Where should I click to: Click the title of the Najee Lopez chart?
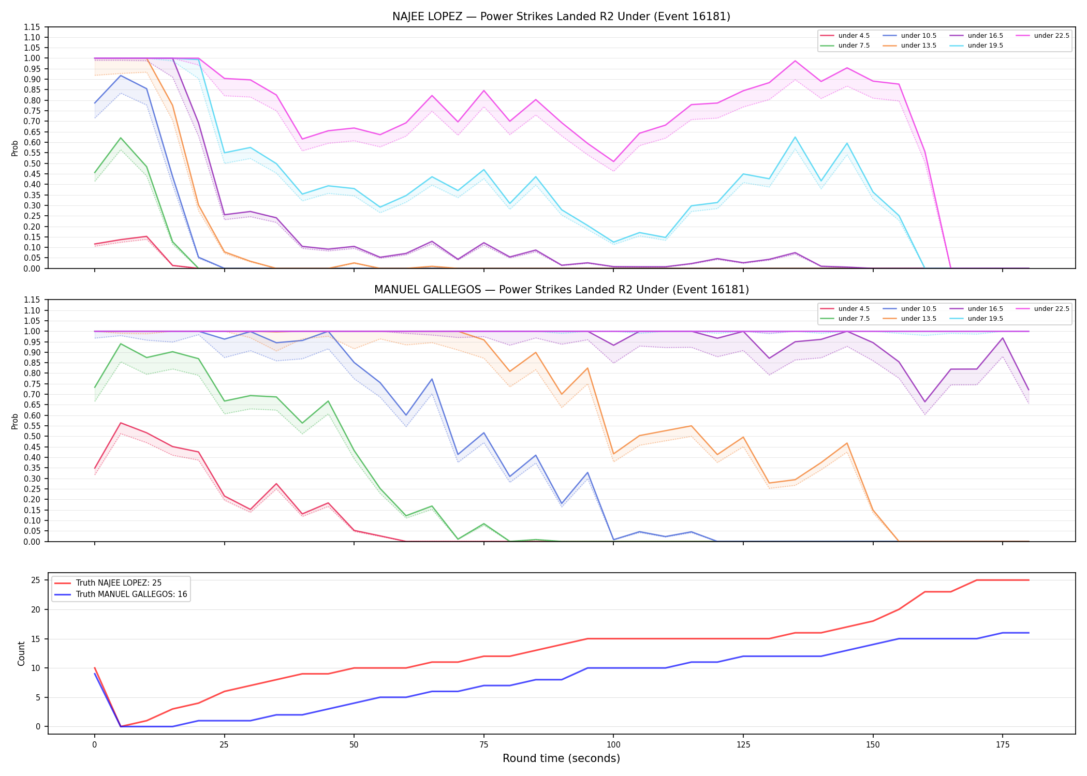[561, 17]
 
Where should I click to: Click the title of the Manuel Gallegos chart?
[561, 290]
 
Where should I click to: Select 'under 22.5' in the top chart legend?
[1051, 36]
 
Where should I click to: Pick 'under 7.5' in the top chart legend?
[854, 46]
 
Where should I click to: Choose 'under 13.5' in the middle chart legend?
[918, 319]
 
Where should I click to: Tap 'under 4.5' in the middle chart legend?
[854, 309]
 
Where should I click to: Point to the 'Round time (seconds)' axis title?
[561, 758]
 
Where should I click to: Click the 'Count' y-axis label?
[21, 653]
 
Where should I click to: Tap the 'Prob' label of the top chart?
[15, 148]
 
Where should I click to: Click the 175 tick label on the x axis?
[1003, 745]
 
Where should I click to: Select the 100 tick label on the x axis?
[613, 745]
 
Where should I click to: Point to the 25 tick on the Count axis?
[37, 580]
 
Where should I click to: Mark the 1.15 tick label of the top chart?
[32, 27]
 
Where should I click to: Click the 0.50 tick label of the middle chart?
[32, 437]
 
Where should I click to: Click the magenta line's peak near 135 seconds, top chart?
[795, 61]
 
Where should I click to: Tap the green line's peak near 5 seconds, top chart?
[121, 138]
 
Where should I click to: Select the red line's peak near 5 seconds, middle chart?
[121, 423]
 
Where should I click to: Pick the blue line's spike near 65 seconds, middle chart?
[432, 379]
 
